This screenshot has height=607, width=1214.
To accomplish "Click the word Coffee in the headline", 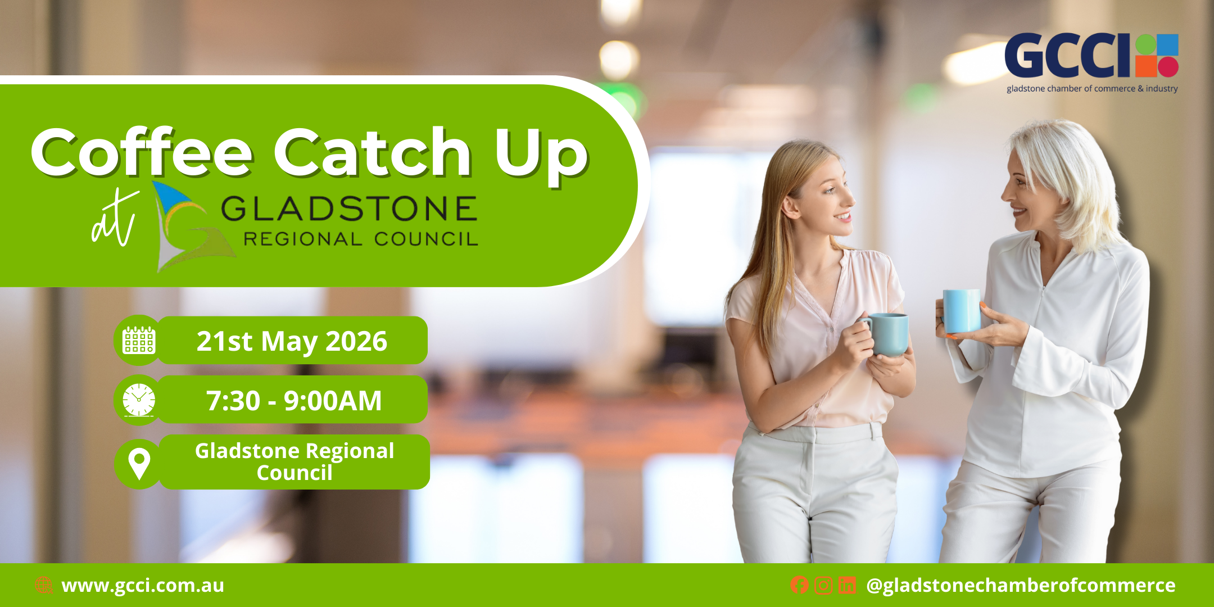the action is [142, 151].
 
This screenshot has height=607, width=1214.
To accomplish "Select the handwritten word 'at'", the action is [115, 218].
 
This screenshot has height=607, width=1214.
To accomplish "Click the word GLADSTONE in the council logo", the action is [349, 209].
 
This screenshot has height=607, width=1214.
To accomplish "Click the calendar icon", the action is [139, 341].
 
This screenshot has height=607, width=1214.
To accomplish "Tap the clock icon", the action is [139, 400].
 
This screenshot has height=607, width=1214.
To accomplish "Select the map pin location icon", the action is [139, 464].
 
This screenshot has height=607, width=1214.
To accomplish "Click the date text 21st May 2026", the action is [292, 341].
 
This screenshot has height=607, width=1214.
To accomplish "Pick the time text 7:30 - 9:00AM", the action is [294, 401].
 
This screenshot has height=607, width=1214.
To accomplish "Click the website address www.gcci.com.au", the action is [143, 586].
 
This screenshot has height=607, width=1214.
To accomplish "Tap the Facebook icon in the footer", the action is [799, 585].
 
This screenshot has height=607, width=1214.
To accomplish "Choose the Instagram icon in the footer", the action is [823, 585].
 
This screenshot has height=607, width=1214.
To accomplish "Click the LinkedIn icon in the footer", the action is [847, 585].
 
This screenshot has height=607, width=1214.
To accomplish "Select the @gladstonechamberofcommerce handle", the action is [1021, 586].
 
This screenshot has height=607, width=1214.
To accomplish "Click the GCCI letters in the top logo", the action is [1068, 55].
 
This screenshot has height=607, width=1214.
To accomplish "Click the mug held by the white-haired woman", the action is [961, 311].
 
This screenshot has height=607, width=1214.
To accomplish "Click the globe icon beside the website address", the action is [43, 585].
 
